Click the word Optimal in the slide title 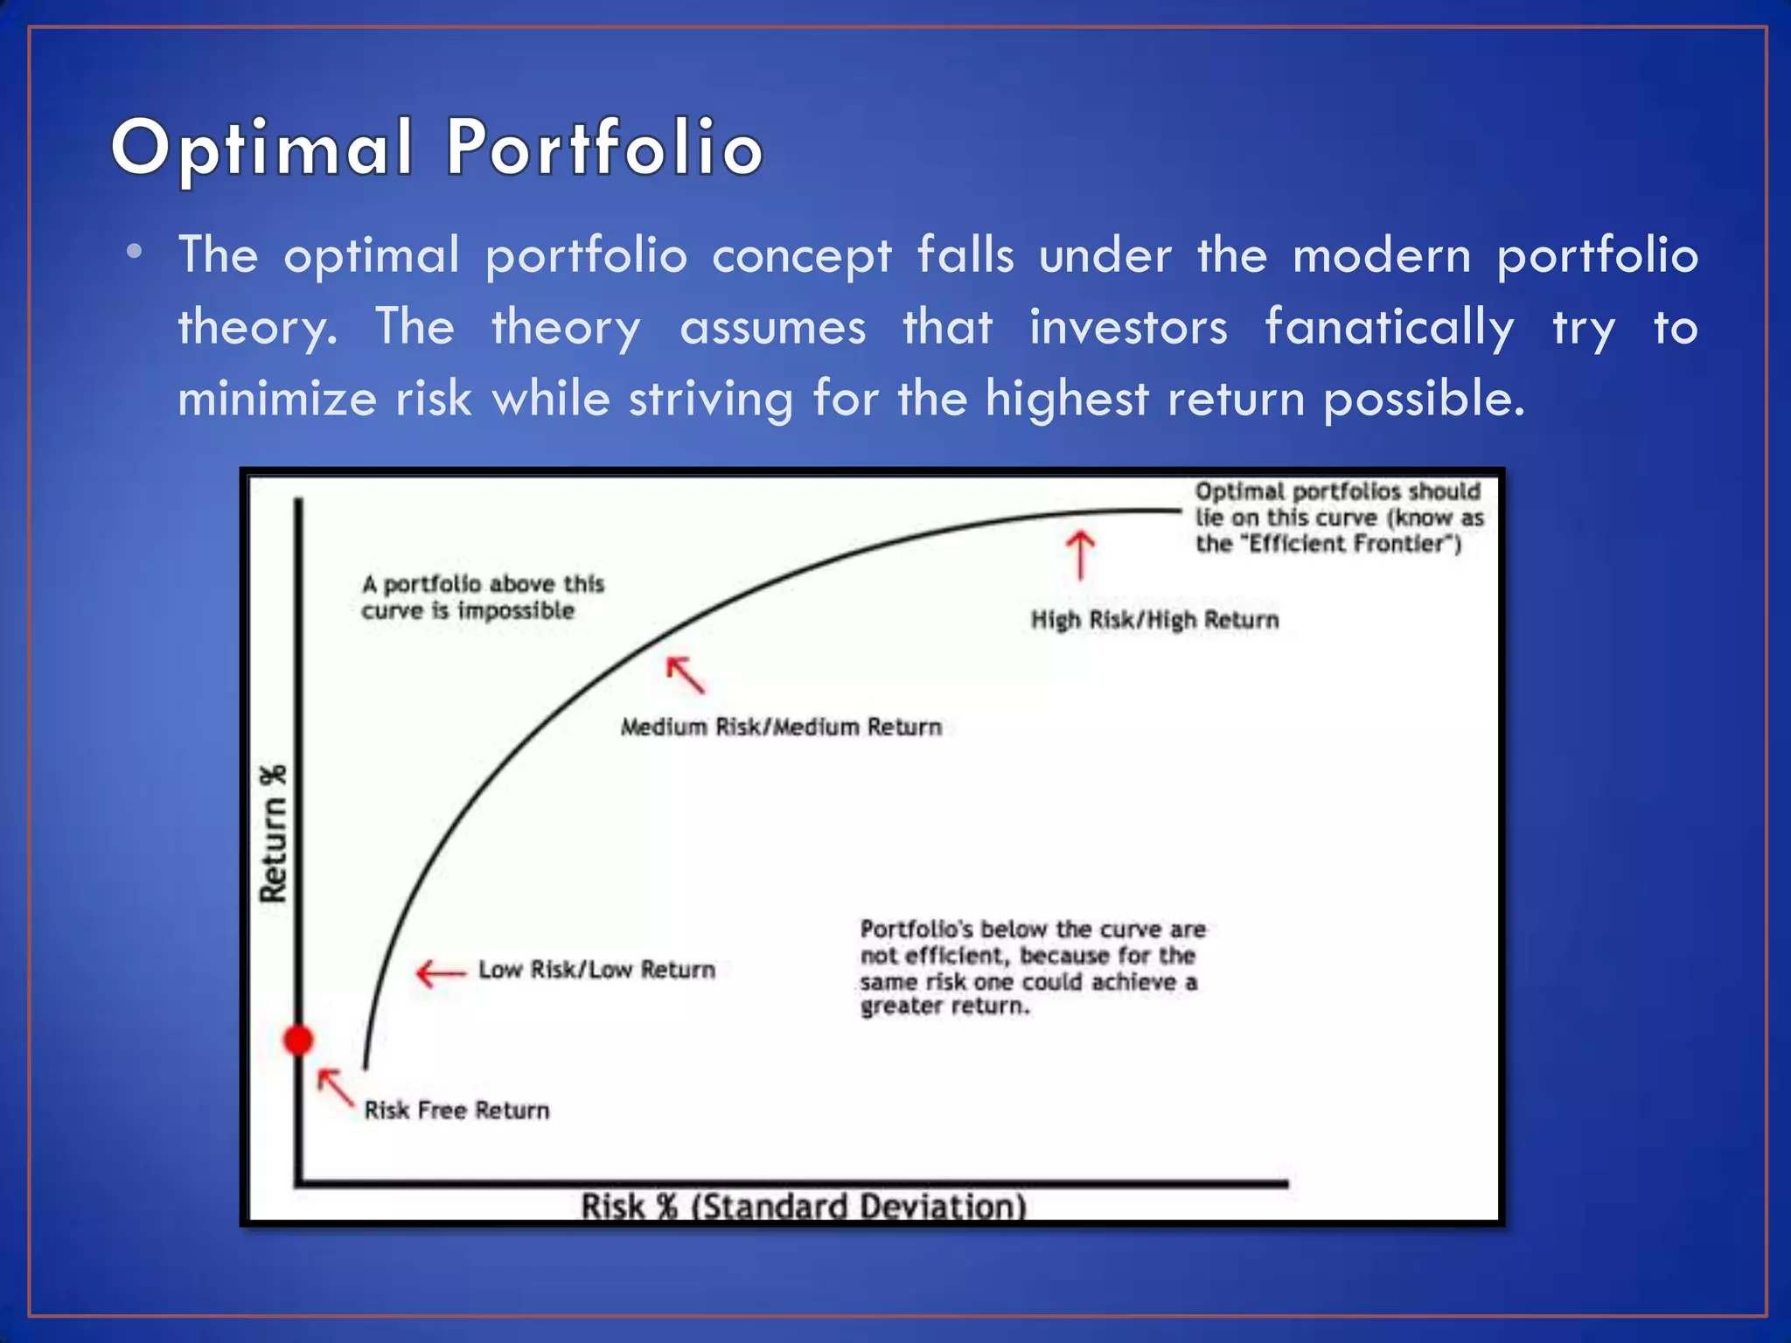click(x=262, y=149)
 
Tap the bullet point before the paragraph click(x=134, y=253)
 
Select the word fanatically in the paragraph click(x=1390, y=328)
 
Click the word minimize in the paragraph click(x=275, y=400)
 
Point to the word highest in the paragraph click(x=1066, y=400)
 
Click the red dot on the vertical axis click(x=298, y=1040)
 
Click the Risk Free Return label click(x=456, y=1110)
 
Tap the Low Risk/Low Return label click(x=596, y=970)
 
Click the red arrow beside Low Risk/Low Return click(x=440, y=973)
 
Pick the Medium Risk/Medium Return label click(x=781, y=727)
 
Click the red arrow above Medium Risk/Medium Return click(x=685, y=674)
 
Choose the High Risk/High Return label click(x=1154, y=620)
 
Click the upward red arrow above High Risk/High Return click(x=1080, y=555)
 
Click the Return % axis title click(x=274, y=833)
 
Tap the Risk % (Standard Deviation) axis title click(x=803, y=1207)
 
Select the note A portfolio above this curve click(x=483, y=597)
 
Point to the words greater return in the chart click(x=944, y=1006)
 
